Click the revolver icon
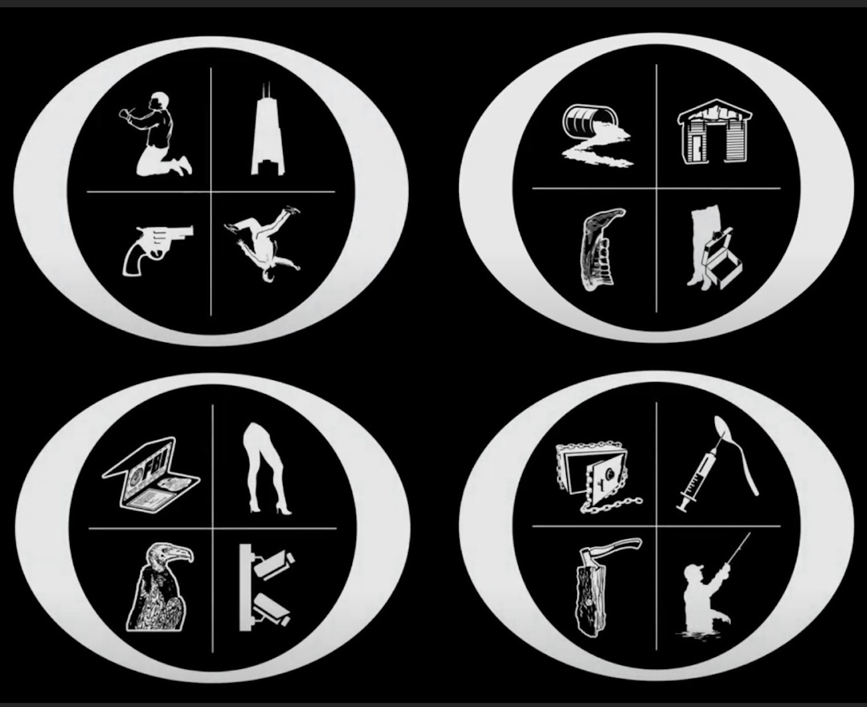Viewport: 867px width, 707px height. (156, 247)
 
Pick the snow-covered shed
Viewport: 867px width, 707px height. (714, 131)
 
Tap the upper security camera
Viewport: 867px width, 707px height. (273, 565)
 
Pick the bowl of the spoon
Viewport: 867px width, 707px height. (722, 430)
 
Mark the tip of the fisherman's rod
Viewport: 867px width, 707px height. (750, 533)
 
